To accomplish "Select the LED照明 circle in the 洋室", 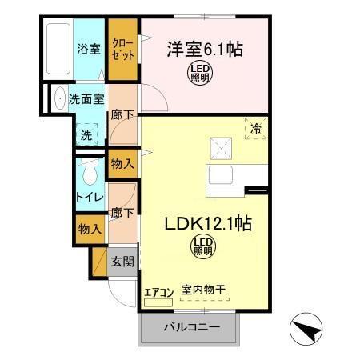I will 200,74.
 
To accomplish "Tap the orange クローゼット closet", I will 123,50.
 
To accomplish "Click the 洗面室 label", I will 86,101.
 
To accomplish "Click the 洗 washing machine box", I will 85,134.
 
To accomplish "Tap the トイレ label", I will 87,197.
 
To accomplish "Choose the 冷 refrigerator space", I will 256,129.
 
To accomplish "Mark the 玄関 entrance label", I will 122,262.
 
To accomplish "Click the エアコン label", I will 158,291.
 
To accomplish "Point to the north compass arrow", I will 308,327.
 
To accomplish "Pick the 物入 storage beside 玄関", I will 90,229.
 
